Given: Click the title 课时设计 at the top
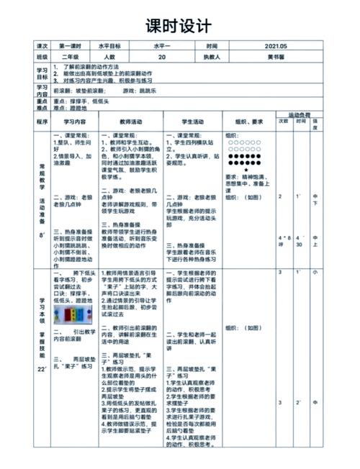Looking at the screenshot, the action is [x=179, y=27].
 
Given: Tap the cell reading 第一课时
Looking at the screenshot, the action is [x=71, y=45].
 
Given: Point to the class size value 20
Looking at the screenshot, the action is [x=161, y=56].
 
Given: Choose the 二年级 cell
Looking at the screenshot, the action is [x=71, y=56].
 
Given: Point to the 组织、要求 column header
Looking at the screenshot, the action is [x=247, y=122].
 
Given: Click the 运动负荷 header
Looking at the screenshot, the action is [x=299, y=115].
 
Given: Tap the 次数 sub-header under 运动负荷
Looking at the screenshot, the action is [x=283, y=122].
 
